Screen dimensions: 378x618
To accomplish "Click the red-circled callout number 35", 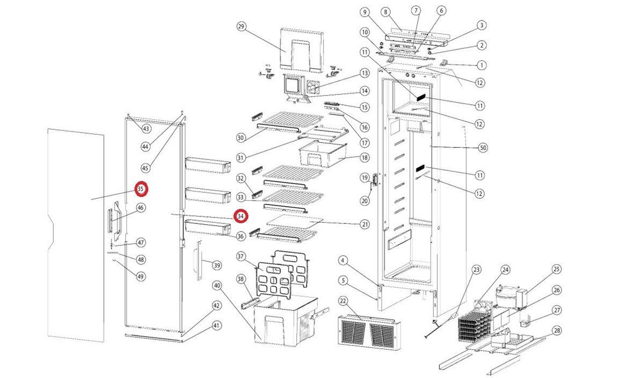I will pyautogui.click(x=141, y=189).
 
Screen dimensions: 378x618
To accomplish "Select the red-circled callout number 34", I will pyautogui.click(x=241, y=216).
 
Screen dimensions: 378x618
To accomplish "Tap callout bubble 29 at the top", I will pyautogui.click(x=241, y=27).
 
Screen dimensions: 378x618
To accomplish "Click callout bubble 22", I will pyautogui.click(x=343, y=300).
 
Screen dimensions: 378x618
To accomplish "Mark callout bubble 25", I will pyautogui.click(x=556, y=269).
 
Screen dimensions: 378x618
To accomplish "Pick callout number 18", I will pyautogui.click(x=365, y=158).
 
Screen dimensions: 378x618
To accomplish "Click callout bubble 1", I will pyautogui.click(x=482, y=65).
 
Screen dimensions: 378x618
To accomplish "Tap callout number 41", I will pyautogui.click(x=216, y=325).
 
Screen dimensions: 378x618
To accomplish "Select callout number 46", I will pyautogui.click(x=141, y=208).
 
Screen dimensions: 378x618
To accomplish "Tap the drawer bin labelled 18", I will pyautogui.click(x=320, y=152).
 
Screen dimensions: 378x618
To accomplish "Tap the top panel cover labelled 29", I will pyautogui.click(x=302, y=49).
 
